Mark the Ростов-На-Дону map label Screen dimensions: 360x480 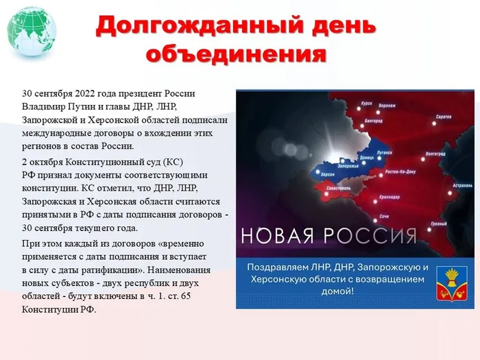point(402,171)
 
